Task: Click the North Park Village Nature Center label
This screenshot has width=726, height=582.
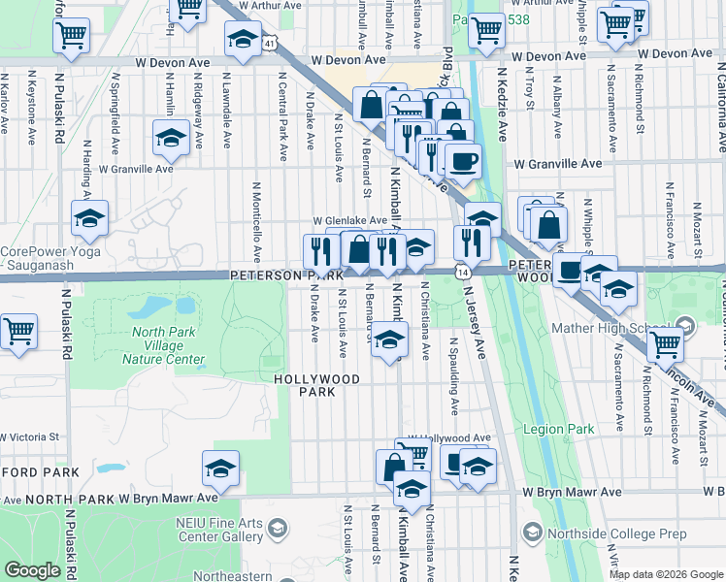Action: pos(163,346)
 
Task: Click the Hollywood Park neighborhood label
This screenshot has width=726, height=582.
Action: pos(316,385)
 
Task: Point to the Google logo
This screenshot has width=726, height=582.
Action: pos(32,570)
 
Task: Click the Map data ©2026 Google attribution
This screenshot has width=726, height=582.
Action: pos(666,574)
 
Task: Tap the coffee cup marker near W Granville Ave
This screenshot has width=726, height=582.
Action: pos(463,159)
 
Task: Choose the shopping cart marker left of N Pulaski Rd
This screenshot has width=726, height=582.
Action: pos(17,331)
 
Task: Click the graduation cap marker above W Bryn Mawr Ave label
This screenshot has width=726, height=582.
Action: pos(220,469)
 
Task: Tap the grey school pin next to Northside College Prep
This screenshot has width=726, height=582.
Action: pos(531,533)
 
